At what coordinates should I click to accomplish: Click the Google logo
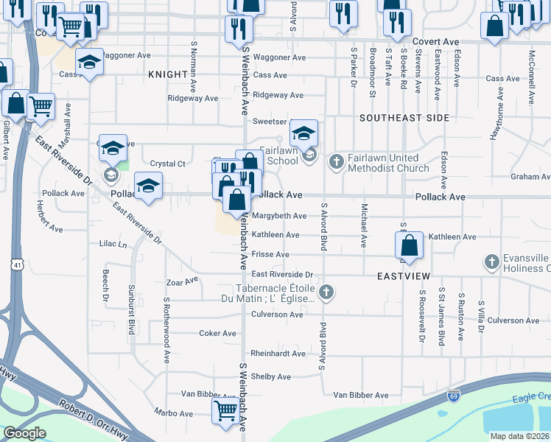coord(24,433)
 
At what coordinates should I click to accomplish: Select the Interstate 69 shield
coord(455,396)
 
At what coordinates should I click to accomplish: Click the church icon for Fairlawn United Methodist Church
coord(336,161)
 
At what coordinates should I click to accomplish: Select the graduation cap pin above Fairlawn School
coord(303,133)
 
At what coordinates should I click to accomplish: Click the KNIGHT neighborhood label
coord(168,75)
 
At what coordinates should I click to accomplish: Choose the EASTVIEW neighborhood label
coord(403,276)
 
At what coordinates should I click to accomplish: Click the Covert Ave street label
coord(435,42)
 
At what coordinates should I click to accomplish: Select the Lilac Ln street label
coord(113,243)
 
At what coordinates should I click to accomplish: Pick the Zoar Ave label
coord(182,281)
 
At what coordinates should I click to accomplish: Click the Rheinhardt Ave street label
coord(278,354)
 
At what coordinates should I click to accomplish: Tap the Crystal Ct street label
coord(167,164)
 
